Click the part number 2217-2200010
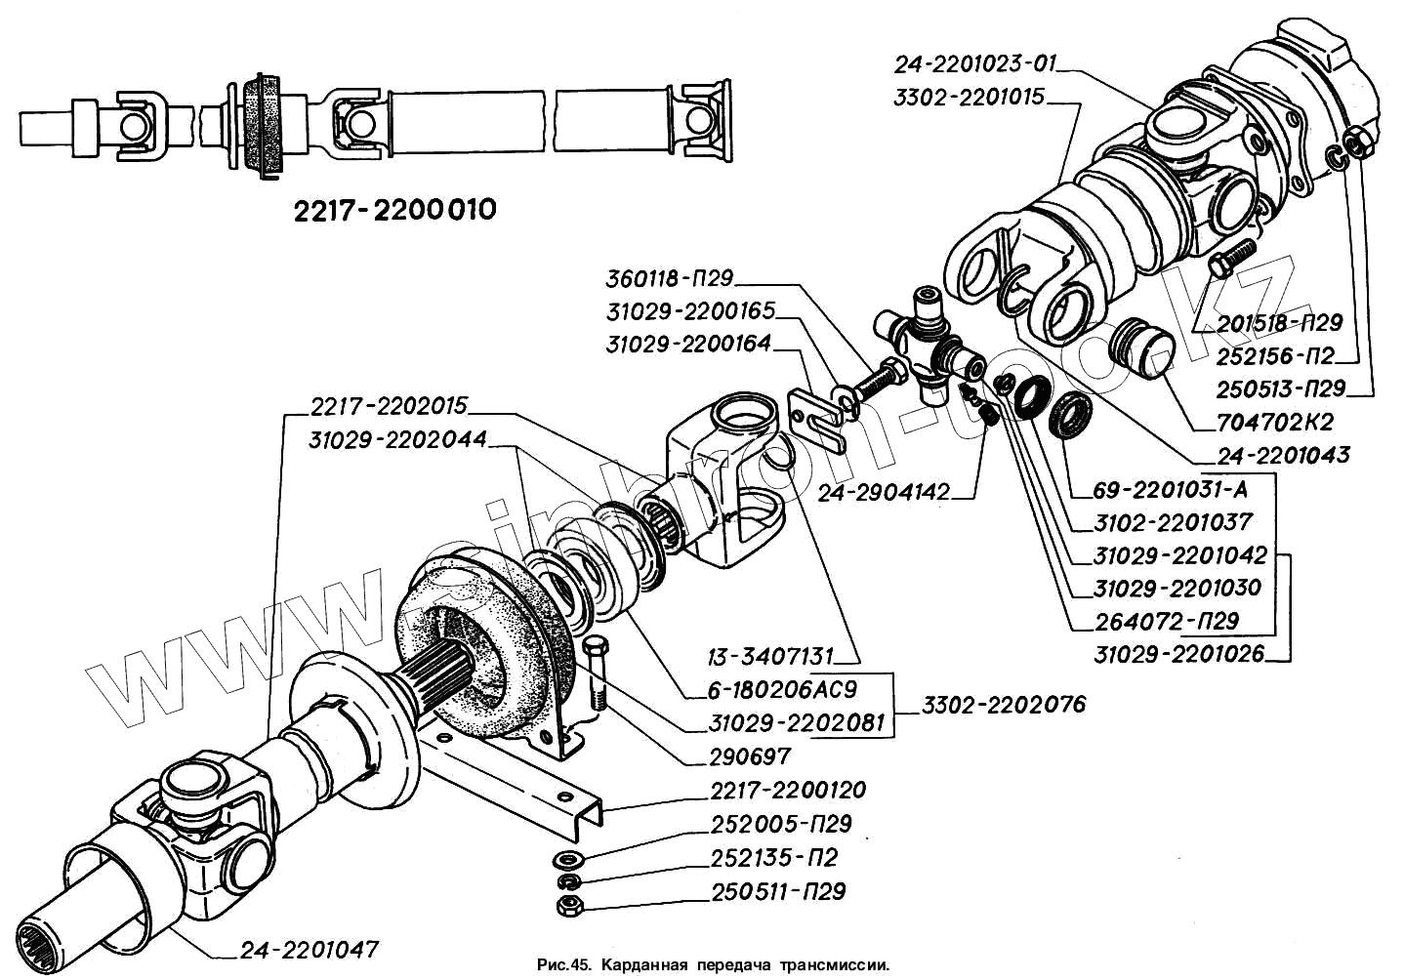(394, 210)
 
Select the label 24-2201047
(309, 950)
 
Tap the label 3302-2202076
(1003, 705)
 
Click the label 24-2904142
(883, 493)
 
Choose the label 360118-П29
(669, 278)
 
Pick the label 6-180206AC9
(783, 690)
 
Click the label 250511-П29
(778, 892)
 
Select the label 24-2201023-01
(974, 64)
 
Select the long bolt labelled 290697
(596, 674)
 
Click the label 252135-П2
(774, 858)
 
